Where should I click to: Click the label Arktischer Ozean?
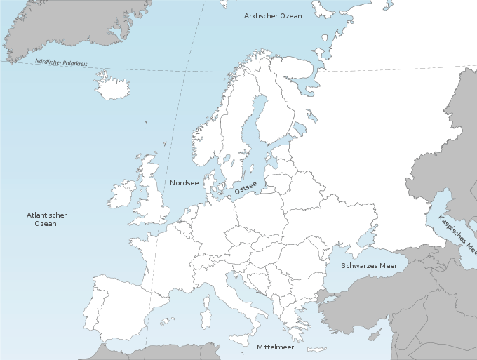272,15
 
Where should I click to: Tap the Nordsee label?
184,183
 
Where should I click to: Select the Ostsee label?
246,187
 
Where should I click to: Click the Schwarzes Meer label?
369,266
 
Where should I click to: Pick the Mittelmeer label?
275,347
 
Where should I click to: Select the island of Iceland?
112,88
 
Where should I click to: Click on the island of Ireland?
121,194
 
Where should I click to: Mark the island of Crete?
316,349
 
